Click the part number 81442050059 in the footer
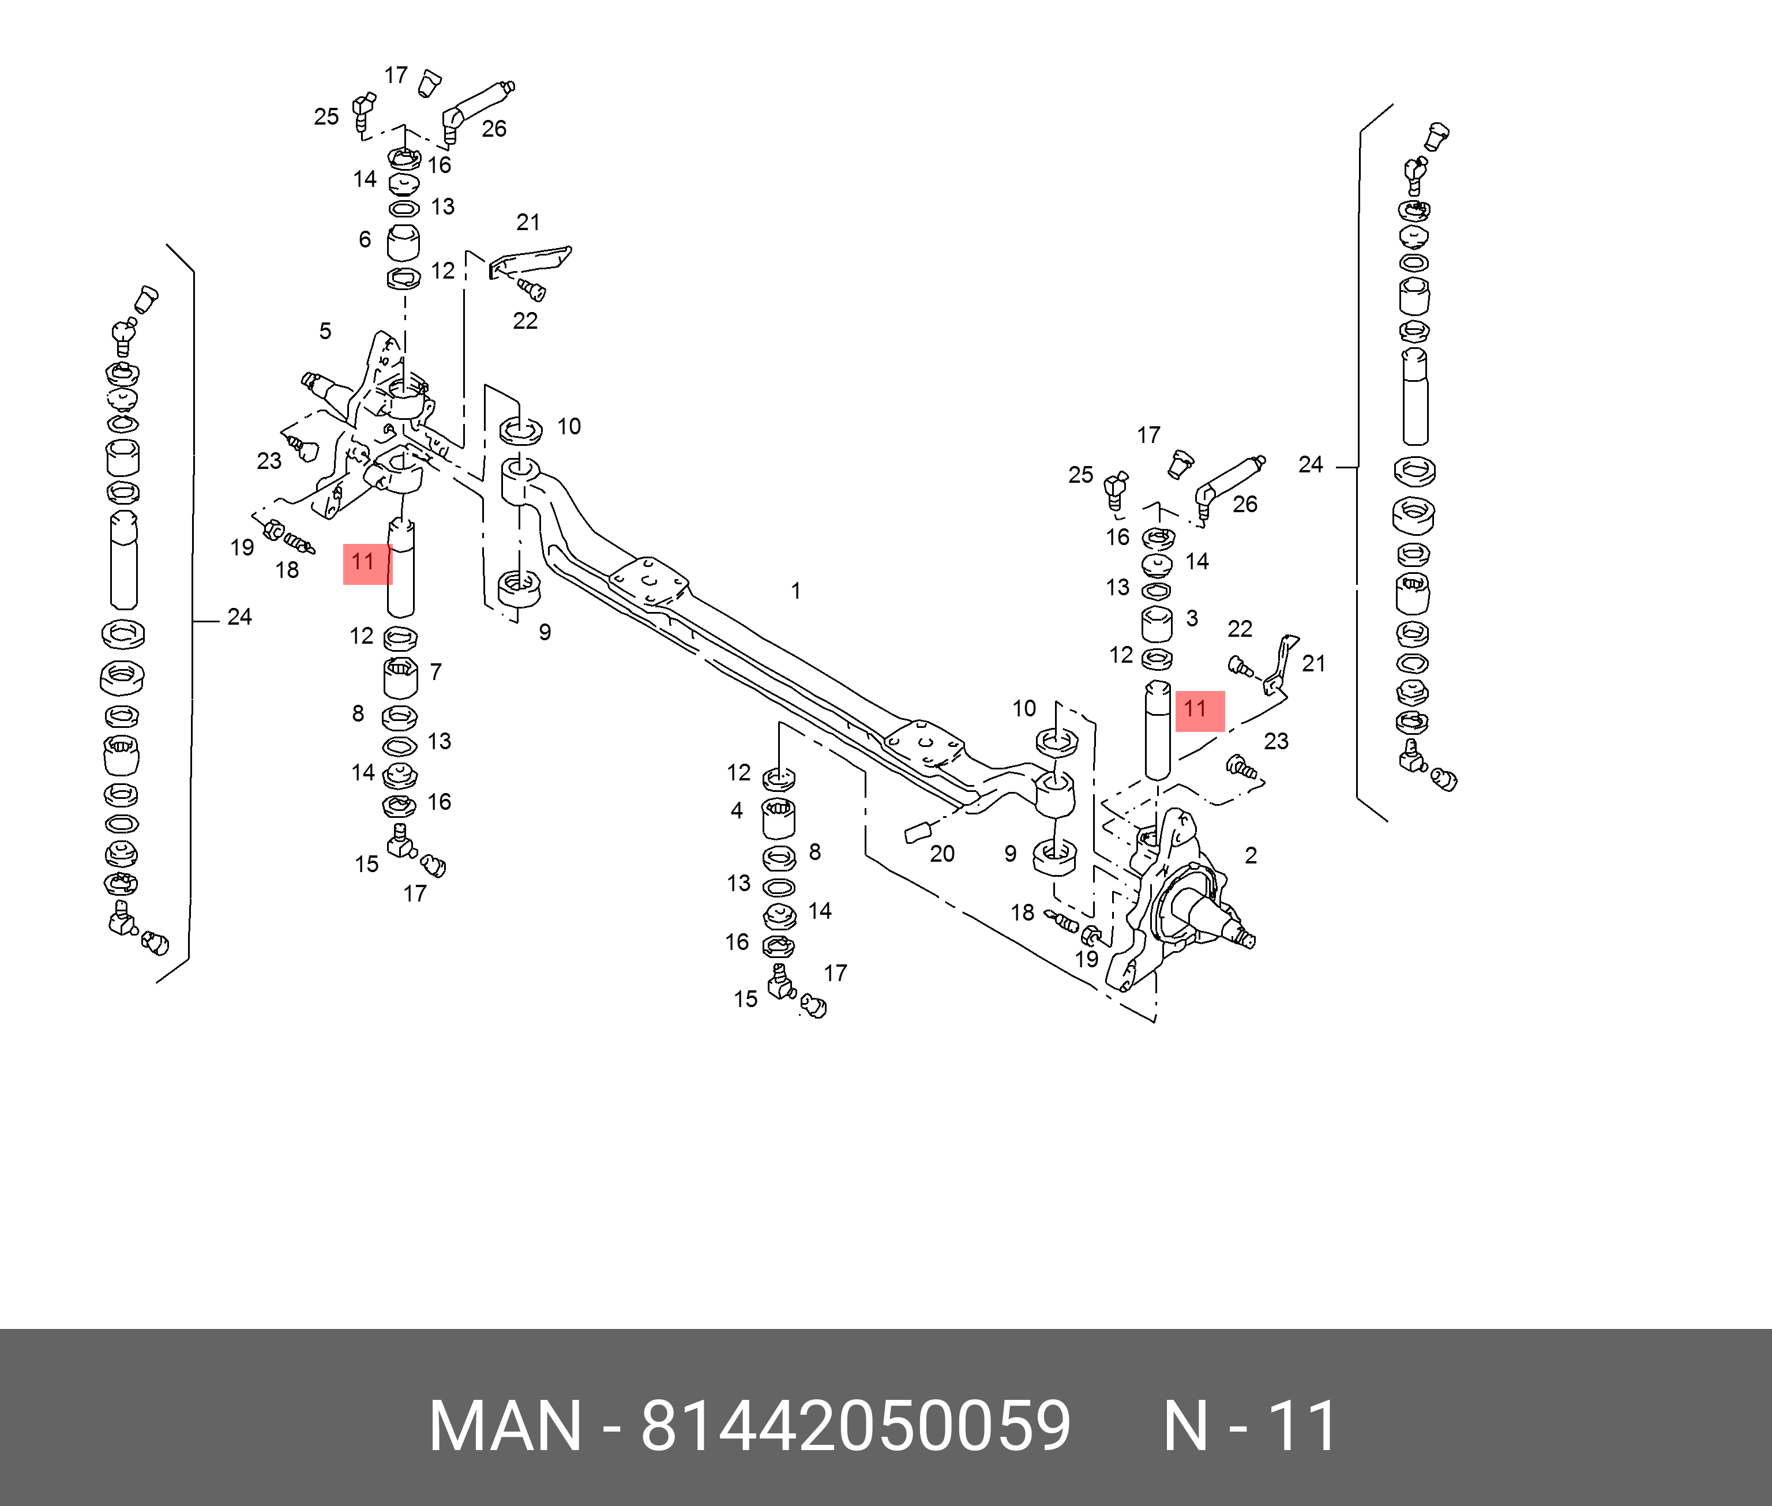point(855,1426)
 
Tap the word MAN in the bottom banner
point(505,1426)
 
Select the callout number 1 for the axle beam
point(795,591)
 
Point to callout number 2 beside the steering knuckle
point(1251,855)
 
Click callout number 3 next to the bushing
point(1192,618)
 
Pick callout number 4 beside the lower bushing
point(737,810)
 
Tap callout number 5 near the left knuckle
point(325,331)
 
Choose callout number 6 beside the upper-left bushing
point(365,239)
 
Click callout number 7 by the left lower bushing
point(436,672)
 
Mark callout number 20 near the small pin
point(941,854)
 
